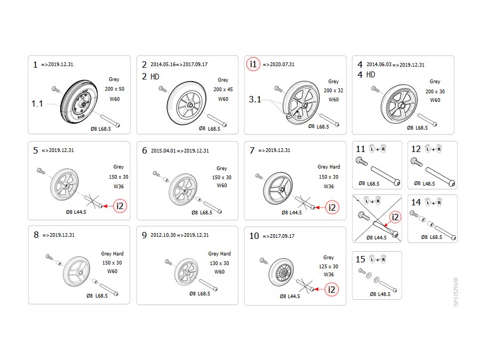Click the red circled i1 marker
point(253,64)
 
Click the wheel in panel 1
point(79,102)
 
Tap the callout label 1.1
point(37,104)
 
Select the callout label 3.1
point(255,100)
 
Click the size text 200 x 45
point(223,90)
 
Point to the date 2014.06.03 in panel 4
point(379,65)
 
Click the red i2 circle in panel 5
point(120,206)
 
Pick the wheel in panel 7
point(278,188)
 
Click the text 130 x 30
point(219,263)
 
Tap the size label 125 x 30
point(329,266)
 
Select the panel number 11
point(361,149)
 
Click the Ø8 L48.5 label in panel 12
point(425,183)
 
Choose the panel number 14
point(415,202)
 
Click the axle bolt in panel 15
point(388,286)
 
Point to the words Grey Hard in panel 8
point(113,253)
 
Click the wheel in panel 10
point(281,272)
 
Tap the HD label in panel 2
point(155,76)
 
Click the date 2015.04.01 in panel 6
point(164,150)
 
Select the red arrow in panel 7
point(320,207)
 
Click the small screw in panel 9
point(168,262)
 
